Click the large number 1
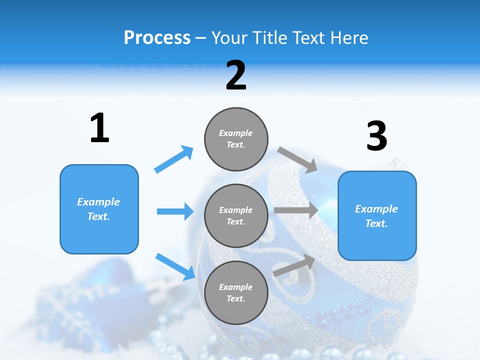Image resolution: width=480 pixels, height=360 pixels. pyautogui.click(x=99, y=128)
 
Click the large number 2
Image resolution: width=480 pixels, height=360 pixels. pyautogui.click(x=235, y=75)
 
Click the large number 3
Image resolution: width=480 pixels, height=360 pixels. pyautogui.click(x=376, y=136)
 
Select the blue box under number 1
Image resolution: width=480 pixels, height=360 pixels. pyautogui.click(x=99, y=209)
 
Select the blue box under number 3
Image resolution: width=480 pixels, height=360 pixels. pyautogui.click(x=377, y=215)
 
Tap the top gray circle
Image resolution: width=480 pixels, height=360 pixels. pyautogui.click(x=236, y=138)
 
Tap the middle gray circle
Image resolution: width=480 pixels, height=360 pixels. pyautogui.click(x=236, y=215)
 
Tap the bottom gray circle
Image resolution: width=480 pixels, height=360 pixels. pyautogui.click(x=236, y=292)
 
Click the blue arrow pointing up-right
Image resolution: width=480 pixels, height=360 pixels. pyautogui.click(x=174, y=159)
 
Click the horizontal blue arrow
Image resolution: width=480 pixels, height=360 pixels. pyautogui.click(x=175, y=211)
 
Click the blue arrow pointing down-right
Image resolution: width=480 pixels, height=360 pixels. pyautogui.click(x=175, y=266)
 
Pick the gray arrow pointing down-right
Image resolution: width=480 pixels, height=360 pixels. pyautogui.click(x=297, y=160)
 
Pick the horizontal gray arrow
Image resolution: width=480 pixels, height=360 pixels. pyautogui.click(x=296, y=210)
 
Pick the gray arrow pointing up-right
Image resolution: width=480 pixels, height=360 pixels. pyautogui.click(x=294, y=265)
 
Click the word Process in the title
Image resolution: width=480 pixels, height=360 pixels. pyautogui.click(x=157, y=37)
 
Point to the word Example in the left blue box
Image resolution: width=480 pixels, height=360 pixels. pyautogui.click(x=98, y=202)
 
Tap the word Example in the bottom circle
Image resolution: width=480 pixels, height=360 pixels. pyautogui.click(x=235, y=287)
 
